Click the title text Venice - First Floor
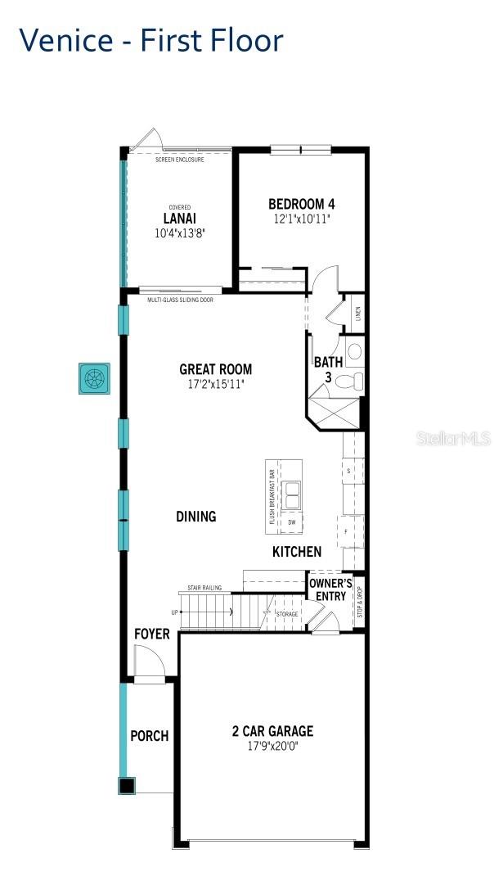(151, 39)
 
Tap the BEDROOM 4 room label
(301, 204)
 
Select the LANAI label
(179, 219)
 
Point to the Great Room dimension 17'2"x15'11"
(216, 383)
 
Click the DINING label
(196, 517)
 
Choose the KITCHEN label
(297, 552)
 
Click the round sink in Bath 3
(354, 352)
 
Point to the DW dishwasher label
(291, 522)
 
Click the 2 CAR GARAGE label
(272, 731)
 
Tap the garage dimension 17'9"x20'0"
(272, 746)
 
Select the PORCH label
(150, 736)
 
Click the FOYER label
(152, 634)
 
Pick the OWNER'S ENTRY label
(331, 589)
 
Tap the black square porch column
(126, 786)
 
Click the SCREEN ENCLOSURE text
(179, 159)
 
